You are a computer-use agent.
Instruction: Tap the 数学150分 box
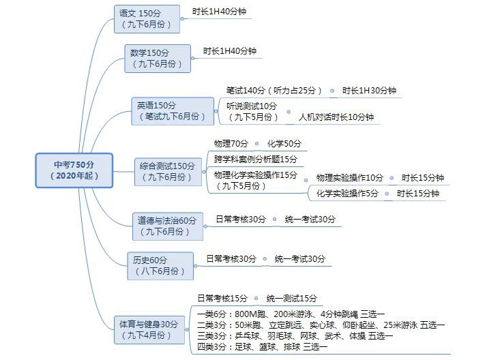pyautogui.click(x=158, y=58)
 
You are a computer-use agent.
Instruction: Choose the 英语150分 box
pyautogui.click(x=172, y=111)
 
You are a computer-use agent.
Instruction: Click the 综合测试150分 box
pyautogui.click(x=167, y=171)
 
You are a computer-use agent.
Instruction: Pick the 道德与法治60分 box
pyautogui.click(x=167, y=226)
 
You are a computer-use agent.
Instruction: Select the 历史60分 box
pyautogui.click(x=160, y=265)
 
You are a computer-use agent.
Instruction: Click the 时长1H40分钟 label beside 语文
pyautogui.click(x=220, y=12)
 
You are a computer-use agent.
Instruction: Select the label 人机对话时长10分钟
pyautogui.click(x=336, y=117)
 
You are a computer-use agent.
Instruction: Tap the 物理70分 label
pyautogui.click(x=232, y=144)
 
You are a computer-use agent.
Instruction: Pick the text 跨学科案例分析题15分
pyautogui.click(x=255, y=159)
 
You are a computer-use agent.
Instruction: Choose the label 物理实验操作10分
pyautogui.click(x=350, y=178)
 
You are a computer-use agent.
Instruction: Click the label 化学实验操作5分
pyautogui.click(x=347, y=194)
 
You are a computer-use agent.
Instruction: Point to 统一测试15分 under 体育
pyautogui.click(x=291, y=298)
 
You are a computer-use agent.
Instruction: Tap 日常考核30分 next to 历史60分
pyautogui.click(x=231, y=258)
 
